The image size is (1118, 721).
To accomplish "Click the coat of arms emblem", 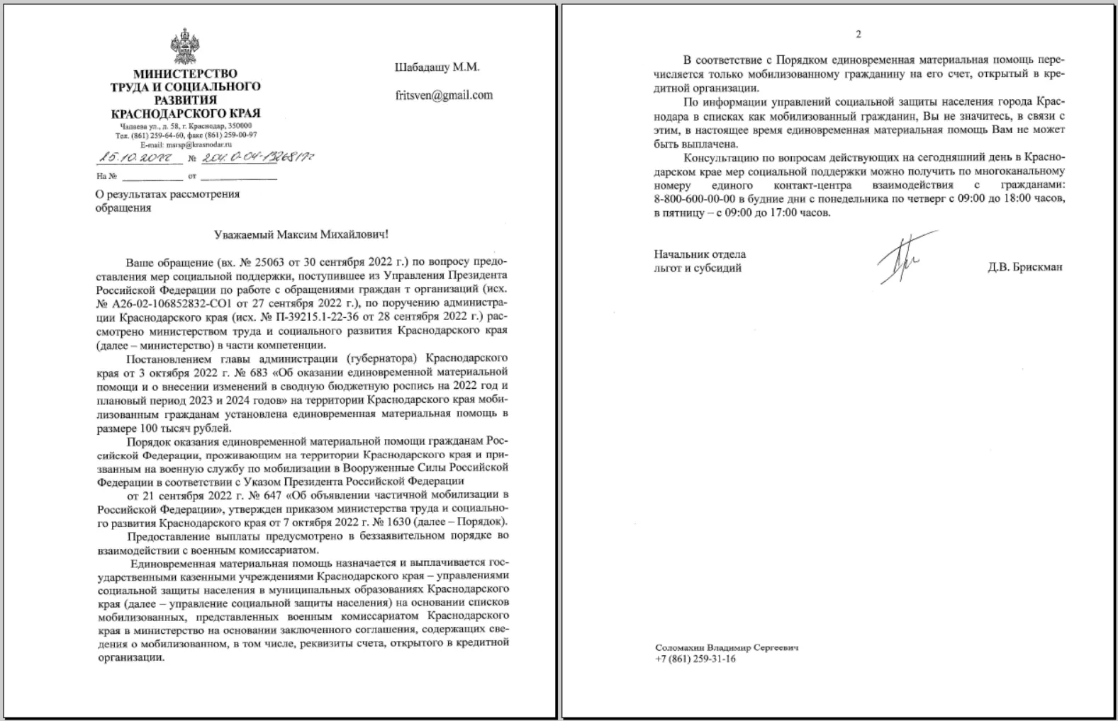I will coord(185,46).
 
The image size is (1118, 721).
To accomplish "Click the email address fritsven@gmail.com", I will coord(444,95).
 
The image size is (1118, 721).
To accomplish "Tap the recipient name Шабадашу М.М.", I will coord(437,67).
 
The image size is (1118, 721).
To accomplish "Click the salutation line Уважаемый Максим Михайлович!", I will coord(301,234).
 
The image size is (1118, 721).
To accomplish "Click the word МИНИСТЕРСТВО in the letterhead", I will coord(185,74).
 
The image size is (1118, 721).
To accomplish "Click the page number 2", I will coord(859,34).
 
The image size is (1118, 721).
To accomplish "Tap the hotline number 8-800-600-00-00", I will coord(694,198).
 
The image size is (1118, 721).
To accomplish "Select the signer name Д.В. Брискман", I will coord(1024,268).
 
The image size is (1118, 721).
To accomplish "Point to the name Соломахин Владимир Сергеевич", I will coord(727,647).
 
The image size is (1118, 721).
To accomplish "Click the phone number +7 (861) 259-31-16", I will coord(695,659).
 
